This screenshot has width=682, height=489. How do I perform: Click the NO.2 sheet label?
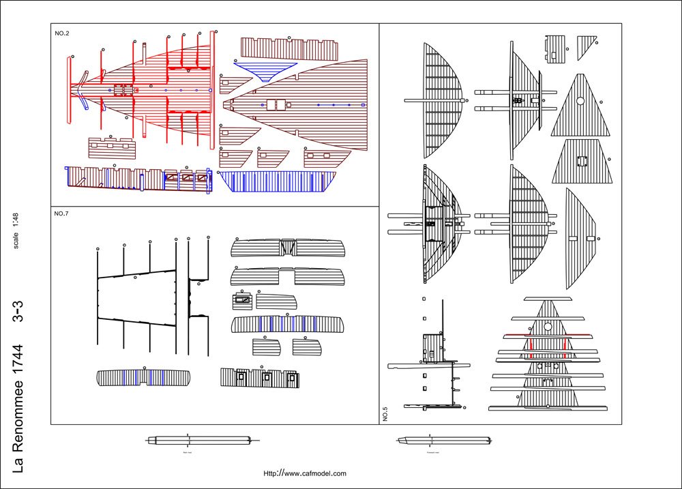tap(61, 33)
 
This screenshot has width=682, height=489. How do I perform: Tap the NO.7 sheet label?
tap(61, 214)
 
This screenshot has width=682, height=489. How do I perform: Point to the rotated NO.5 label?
tap(385, 413)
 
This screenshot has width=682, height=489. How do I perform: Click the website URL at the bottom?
tap(305, 473)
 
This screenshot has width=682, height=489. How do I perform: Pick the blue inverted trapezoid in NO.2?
tap(265, 70)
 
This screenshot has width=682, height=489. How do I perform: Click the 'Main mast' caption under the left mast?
tap(186, 452)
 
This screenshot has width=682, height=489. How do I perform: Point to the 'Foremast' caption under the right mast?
tap(432, 452)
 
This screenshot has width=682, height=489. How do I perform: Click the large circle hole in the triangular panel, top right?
tap(580, 101)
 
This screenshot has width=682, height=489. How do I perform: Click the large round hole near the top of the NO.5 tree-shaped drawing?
tap(548, 327)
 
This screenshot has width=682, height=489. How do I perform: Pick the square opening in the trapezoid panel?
tap(582, 162)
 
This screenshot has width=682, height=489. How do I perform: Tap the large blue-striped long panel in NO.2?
tap(278, 181)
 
